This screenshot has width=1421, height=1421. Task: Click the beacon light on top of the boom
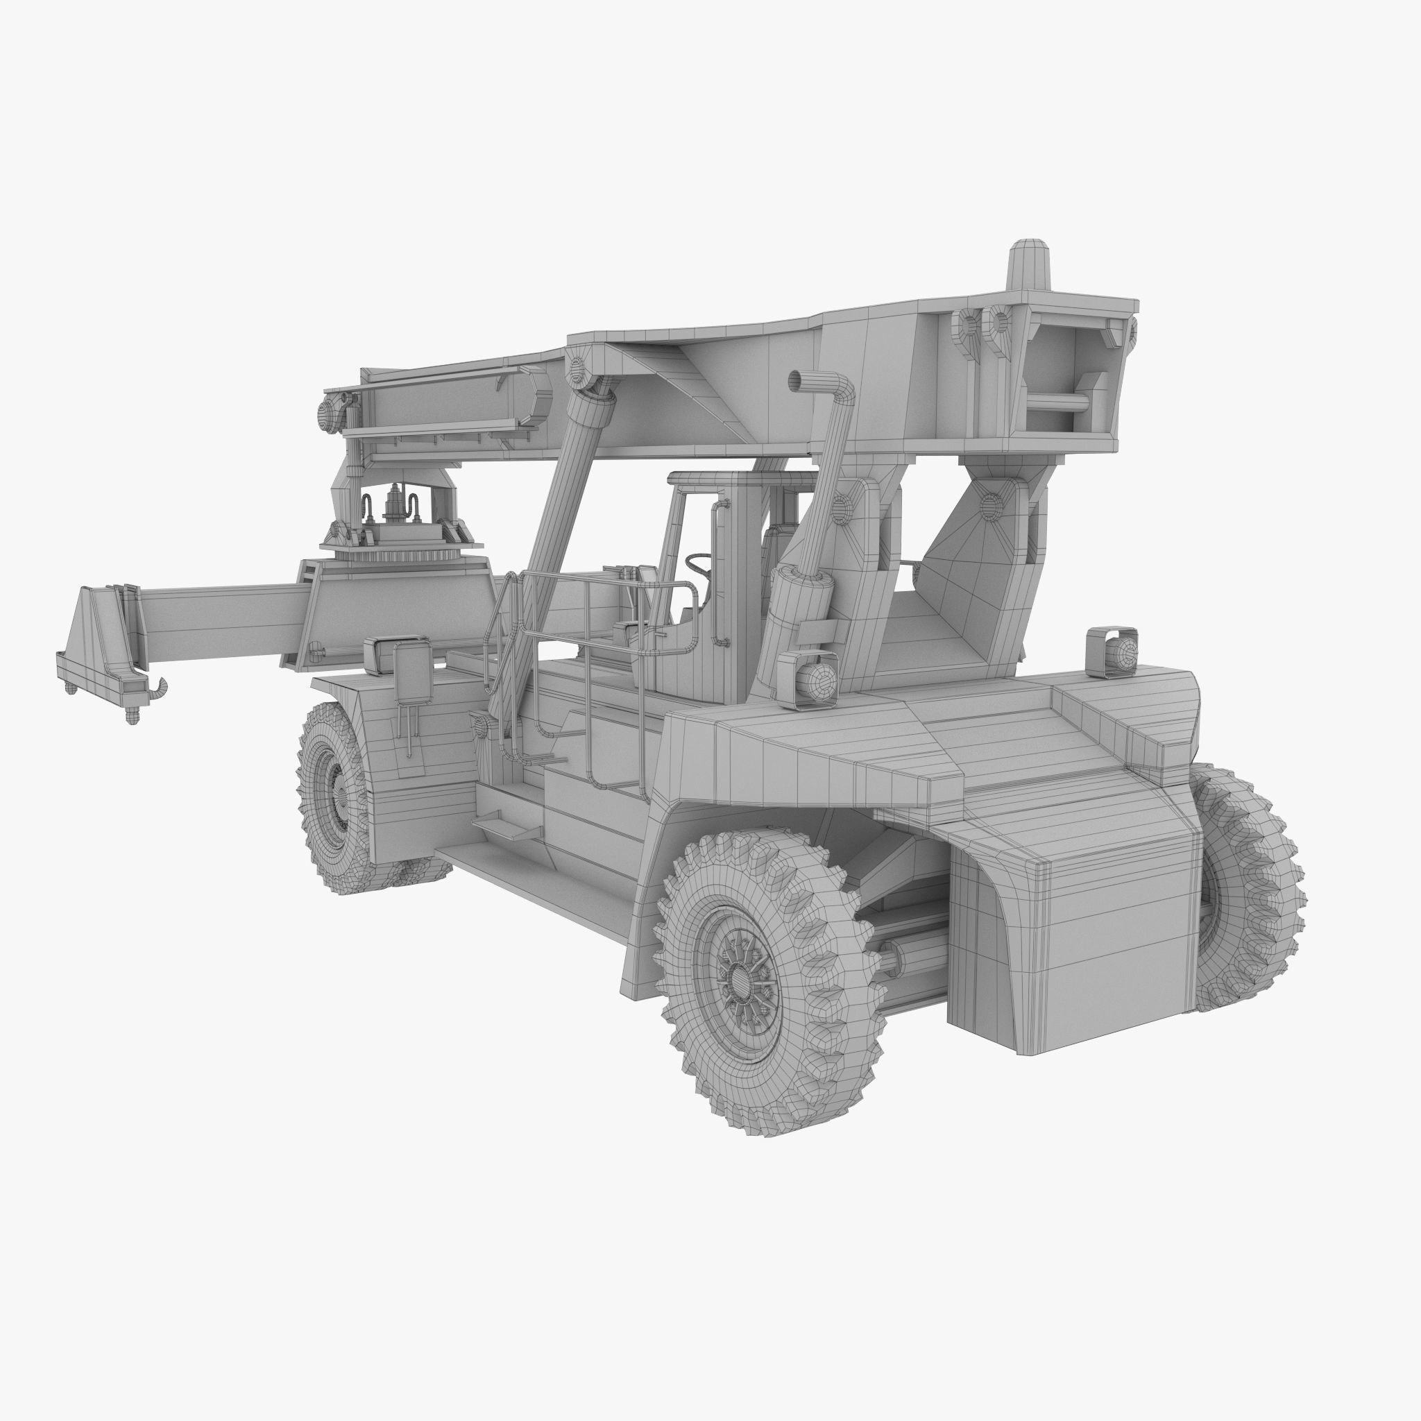[1028, 265]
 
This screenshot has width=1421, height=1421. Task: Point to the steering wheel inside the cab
[699, 567]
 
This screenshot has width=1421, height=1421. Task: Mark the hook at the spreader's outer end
[158, 688]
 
